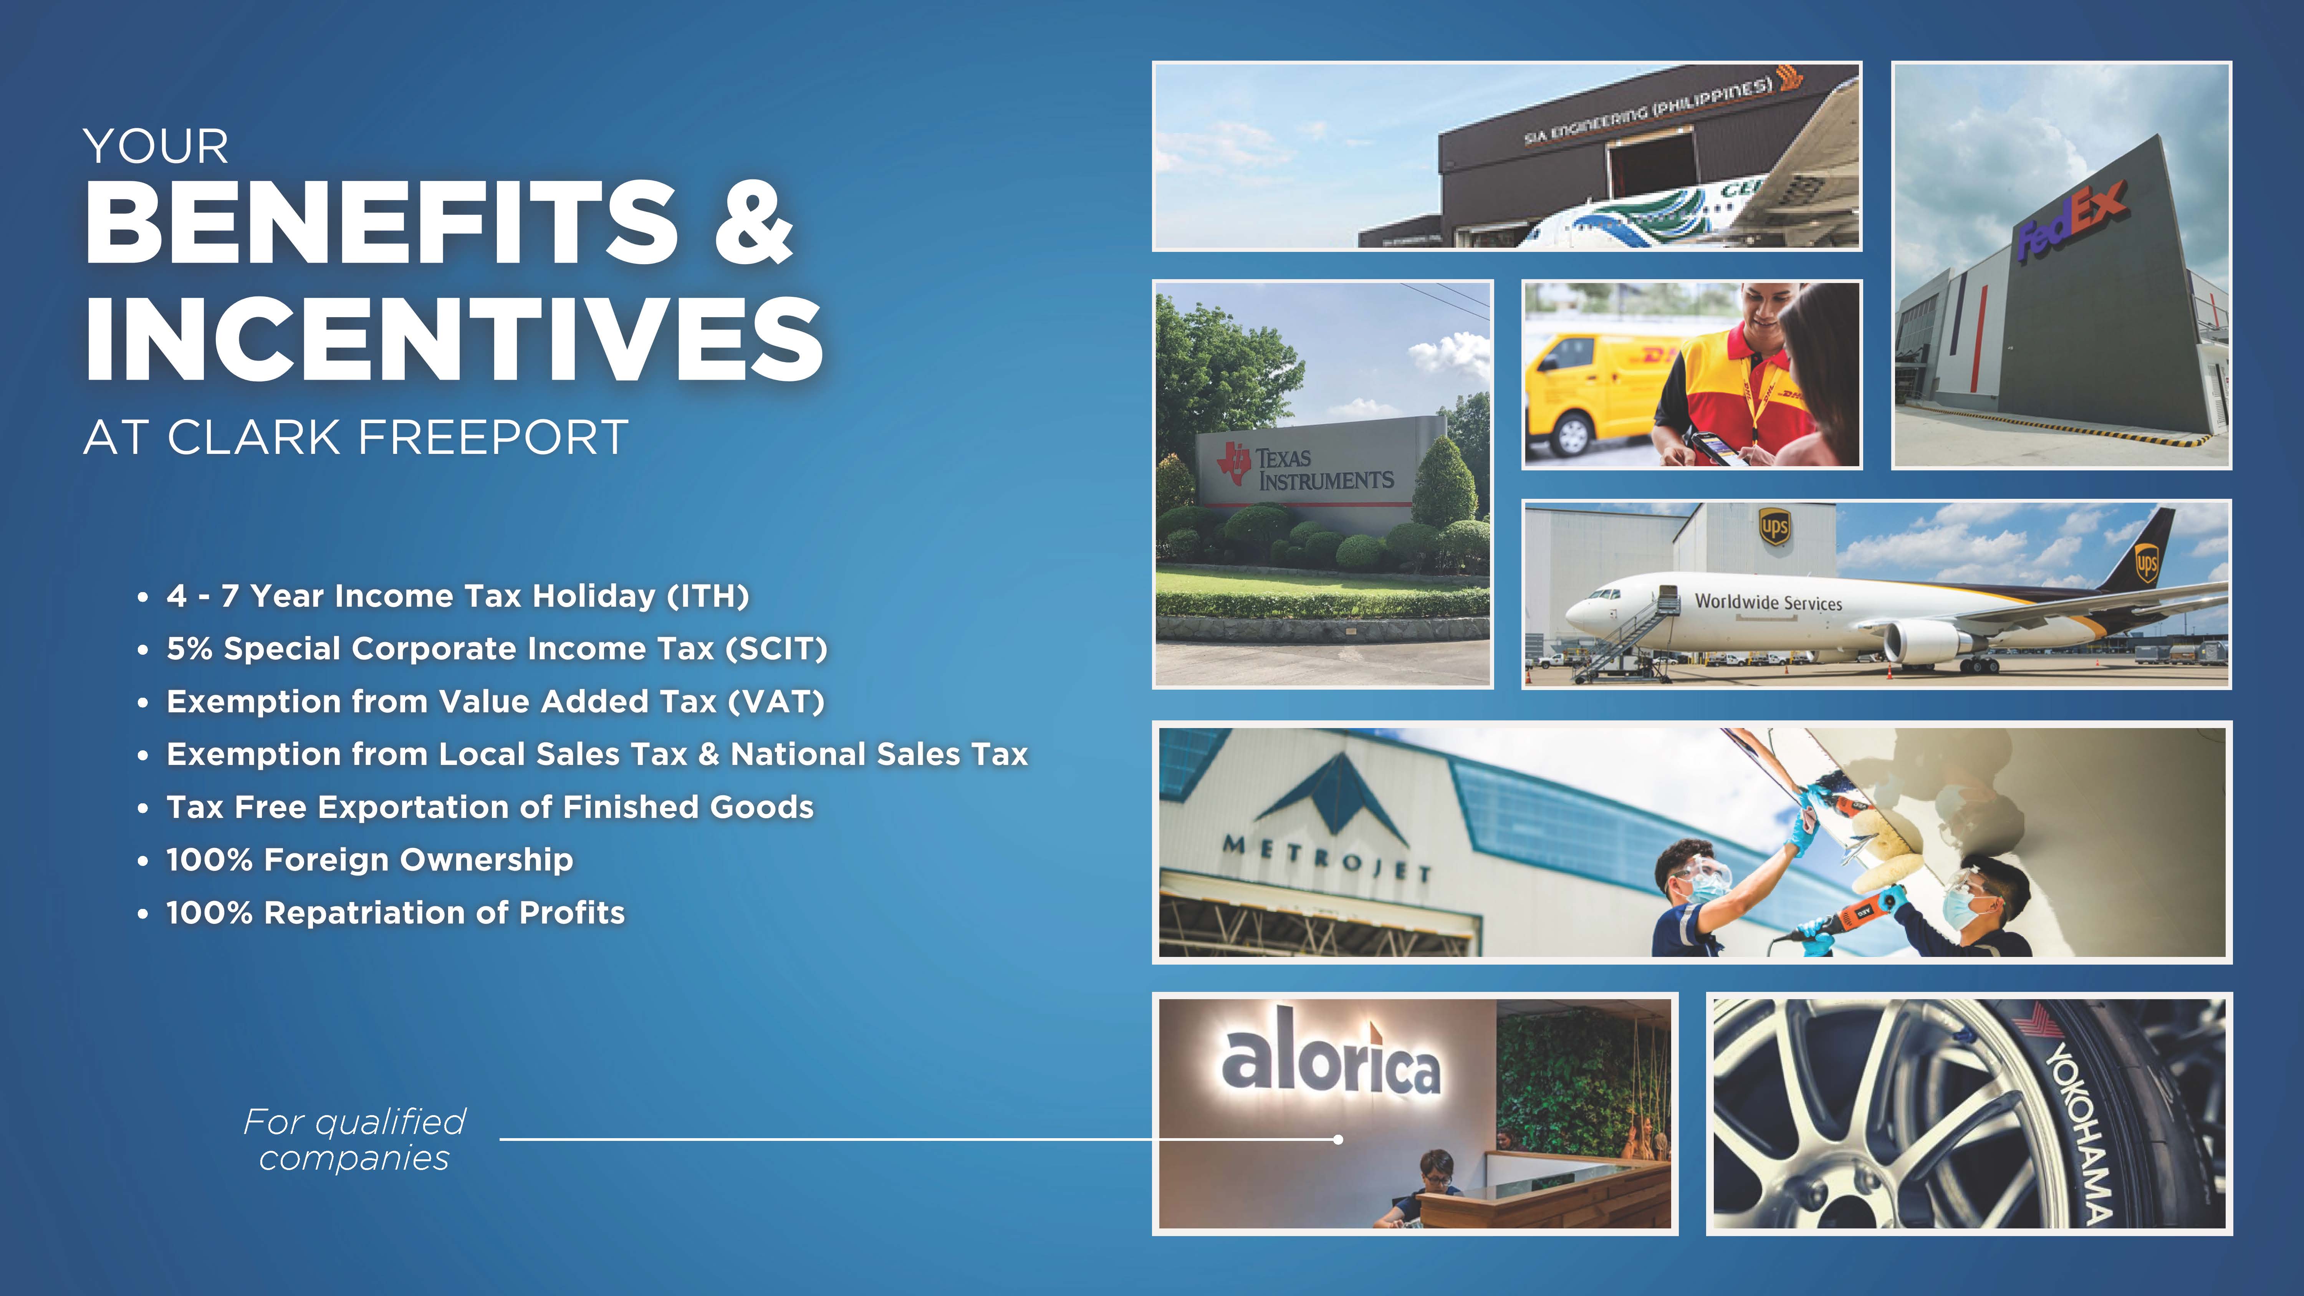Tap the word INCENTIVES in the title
tap(454, 338)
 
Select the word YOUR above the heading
tap(156, 147)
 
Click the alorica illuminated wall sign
tap(1331, 1061)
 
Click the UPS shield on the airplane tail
tap(2147, 563)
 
